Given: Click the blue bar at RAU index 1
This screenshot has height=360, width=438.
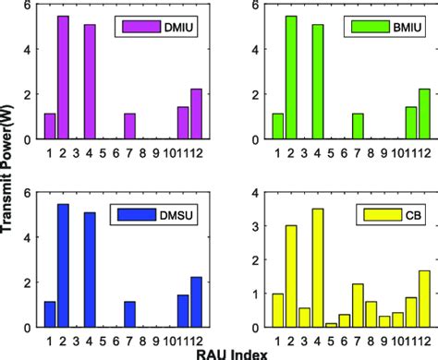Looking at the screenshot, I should click(x=50, y=314).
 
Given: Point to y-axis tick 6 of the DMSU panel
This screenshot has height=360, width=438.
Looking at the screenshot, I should click(x=31, y=193).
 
